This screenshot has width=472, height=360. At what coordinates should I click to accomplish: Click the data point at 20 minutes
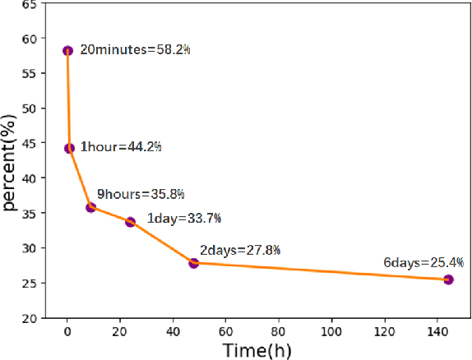pyautogui.click(x=68, y=50)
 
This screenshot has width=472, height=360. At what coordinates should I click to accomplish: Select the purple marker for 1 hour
pyautogui.click(x=70, y=148)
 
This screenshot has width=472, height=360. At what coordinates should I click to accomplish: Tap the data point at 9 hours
pyautogui.click(x=91, y=207)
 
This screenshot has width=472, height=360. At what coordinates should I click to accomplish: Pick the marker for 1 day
pyautogui.click(x=130, y=222)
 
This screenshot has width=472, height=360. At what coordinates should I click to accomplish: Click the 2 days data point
pyautogui.click(x=194, y=263)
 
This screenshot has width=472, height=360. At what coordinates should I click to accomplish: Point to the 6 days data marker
pyautogui.click(x=448, y=279)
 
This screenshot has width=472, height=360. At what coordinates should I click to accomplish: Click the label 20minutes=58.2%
pyautogui.click(x=136, y=50)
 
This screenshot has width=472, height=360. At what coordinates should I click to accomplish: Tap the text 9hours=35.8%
pyautogui.click(x=141, y=195)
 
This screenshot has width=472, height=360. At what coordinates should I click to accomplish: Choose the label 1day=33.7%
pyautogui.click(x=183, y=219)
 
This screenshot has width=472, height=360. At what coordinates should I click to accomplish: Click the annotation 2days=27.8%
pyautogui.click(x=240, y=250)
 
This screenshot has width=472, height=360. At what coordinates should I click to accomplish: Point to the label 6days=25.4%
pyautogui.click(x=423, y=263)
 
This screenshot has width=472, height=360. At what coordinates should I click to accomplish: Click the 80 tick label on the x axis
pyautogui.click(x=279, y=330)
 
